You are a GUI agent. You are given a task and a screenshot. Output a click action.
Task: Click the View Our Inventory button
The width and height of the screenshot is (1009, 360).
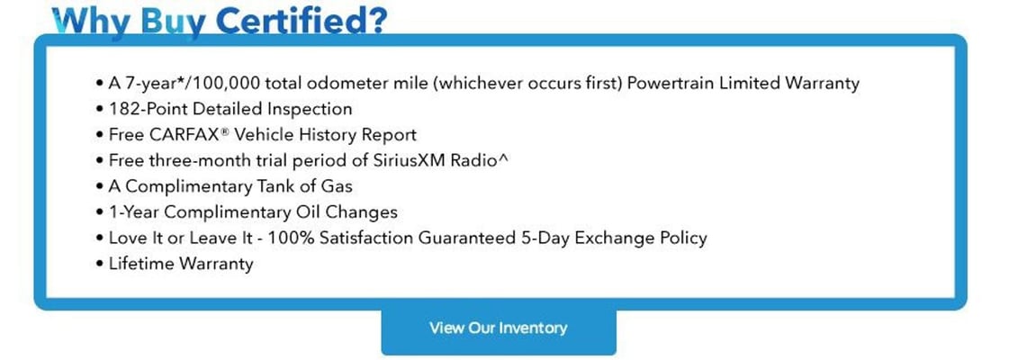pos(499,328)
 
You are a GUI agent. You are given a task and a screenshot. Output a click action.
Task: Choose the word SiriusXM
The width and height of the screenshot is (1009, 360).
pos(403,161)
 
